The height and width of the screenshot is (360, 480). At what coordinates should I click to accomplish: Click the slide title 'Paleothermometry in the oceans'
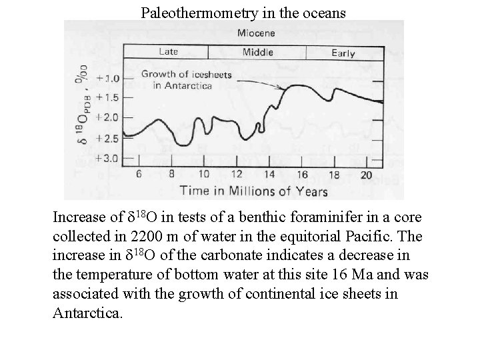pos(243,11)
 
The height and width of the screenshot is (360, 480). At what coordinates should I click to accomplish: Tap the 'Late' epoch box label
pos(167,51)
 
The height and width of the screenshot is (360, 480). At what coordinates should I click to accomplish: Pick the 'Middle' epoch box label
pos(257,52)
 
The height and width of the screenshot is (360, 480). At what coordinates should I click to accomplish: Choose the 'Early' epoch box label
pos(343,53)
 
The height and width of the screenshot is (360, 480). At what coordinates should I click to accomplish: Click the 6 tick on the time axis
pos(139,174)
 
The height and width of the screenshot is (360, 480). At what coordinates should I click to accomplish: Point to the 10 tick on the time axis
pos(204,174)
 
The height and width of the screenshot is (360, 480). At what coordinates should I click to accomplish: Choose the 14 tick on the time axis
pos(269,174)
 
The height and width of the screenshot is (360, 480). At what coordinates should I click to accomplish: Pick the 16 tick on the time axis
pos(301,174)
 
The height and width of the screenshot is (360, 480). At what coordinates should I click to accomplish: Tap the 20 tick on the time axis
pos(366,174)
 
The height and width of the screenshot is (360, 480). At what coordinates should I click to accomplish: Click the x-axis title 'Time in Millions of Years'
pos(253,191)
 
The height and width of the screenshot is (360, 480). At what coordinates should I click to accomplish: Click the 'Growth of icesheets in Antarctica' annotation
pos(186,80)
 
